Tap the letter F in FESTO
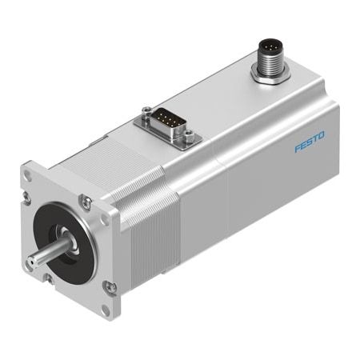coord(297,150)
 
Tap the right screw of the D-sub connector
coord(189,142)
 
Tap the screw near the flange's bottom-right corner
coord(110,286)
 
